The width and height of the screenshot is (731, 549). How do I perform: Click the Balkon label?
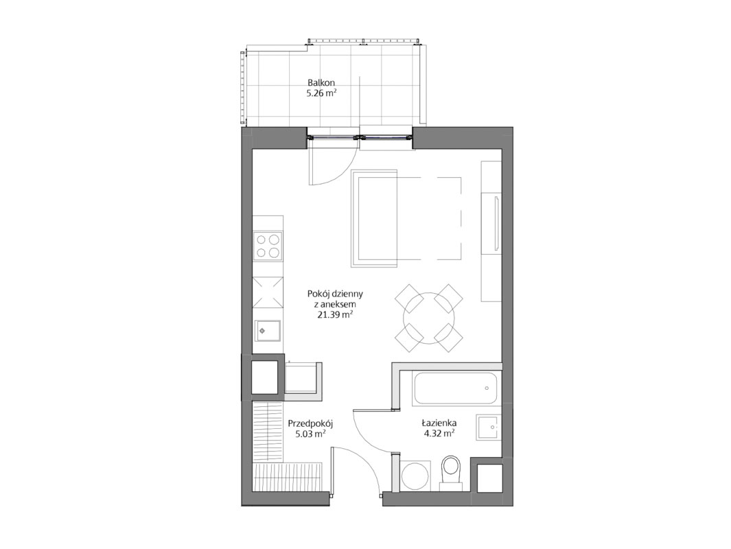[321, 82]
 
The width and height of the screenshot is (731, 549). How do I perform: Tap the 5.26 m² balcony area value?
[321, 93]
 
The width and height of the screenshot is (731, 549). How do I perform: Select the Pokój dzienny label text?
[335, 294]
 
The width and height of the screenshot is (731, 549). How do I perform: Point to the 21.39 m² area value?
[335, 314]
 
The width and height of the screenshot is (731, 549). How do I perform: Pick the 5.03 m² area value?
[310, 434]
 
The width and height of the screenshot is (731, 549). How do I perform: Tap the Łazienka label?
[439, 423]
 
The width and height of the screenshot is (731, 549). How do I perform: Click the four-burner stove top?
[268, 246]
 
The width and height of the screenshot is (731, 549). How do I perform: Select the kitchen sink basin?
[267, 331]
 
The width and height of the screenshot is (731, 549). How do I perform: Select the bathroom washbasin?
[487, 427]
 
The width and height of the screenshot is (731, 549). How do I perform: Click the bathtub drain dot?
[487, 388]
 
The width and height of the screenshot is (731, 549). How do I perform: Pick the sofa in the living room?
[373, 218]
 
